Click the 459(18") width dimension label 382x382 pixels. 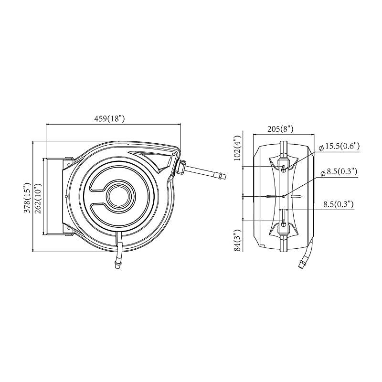(109, 118)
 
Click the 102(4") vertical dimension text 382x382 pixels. (236, 150)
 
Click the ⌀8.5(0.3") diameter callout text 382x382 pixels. (340, 172)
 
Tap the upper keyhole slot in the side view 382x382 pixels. (284, 168)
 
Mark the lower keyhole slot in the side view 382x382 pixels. (284, 223)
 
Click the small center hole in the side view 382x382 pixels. (284, 196)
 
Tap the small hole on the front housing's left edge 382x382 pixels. (65, 196)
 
